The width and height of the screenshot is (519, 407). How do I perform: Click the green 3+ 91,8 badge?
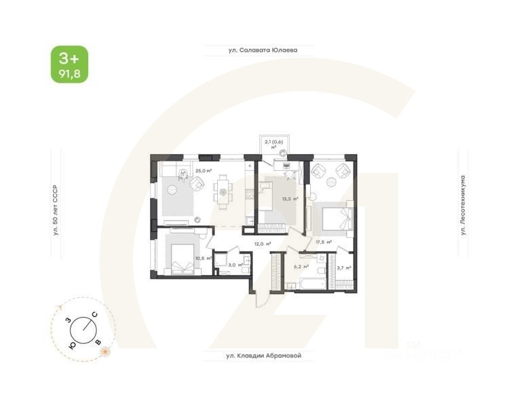69,64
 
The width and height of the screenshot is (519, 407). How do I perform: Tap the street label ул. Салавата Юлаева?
263,50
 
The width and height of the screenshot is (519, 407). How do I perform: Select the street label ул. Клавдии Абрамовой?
263,355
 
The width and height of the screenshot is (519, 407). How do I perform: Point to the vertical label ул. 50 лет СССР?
56,211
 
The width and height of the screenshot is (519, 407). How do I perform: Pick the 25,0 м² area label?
204,171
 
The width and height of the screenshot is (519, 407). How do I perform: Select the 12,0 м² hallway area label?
263,244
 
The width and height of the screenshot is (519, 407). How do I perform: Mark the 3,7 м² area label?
343,268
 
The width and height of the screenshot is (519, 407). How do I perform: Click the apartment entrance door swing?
262,294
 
